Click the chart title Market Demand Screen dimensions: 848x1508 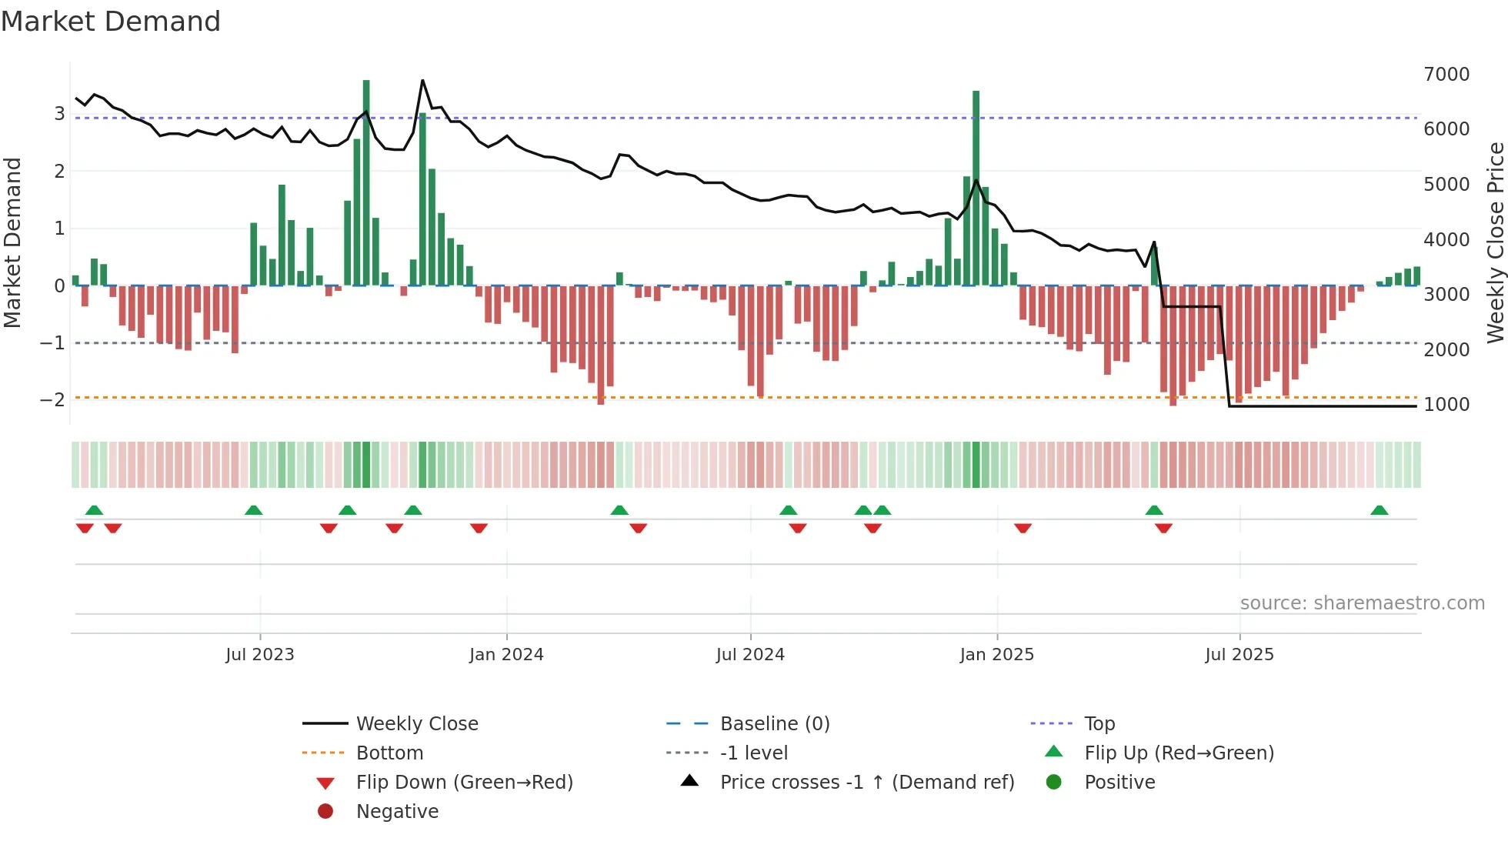click(111, 22)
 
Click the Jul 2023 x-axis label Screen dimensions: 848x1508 click(260, 654)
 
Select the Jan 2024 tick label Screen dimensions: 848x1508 click(506, 654)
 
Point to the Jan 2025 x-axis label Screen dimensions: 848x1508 click(997, 654)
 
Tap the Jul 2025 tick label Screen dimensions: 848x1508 click(1239, 654)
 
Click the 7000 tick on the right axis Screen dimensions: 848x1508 click(1446, 74)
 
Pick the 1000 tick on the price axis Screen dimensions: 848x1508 click(1446, 404)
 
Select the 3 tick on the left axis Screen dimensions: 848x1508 click(59, 114)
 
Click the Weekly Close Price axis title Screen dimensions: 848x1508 click(1495, 242)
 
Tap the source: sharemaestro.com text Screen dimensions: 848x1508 click(1362, 603)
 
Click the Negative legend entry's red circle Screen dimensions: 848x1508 click(325, 811)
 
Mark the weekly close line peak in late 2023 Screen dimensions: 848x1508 click(422, 80)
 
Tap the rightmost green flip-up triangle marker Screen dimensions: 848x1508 click(1380, 510)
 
